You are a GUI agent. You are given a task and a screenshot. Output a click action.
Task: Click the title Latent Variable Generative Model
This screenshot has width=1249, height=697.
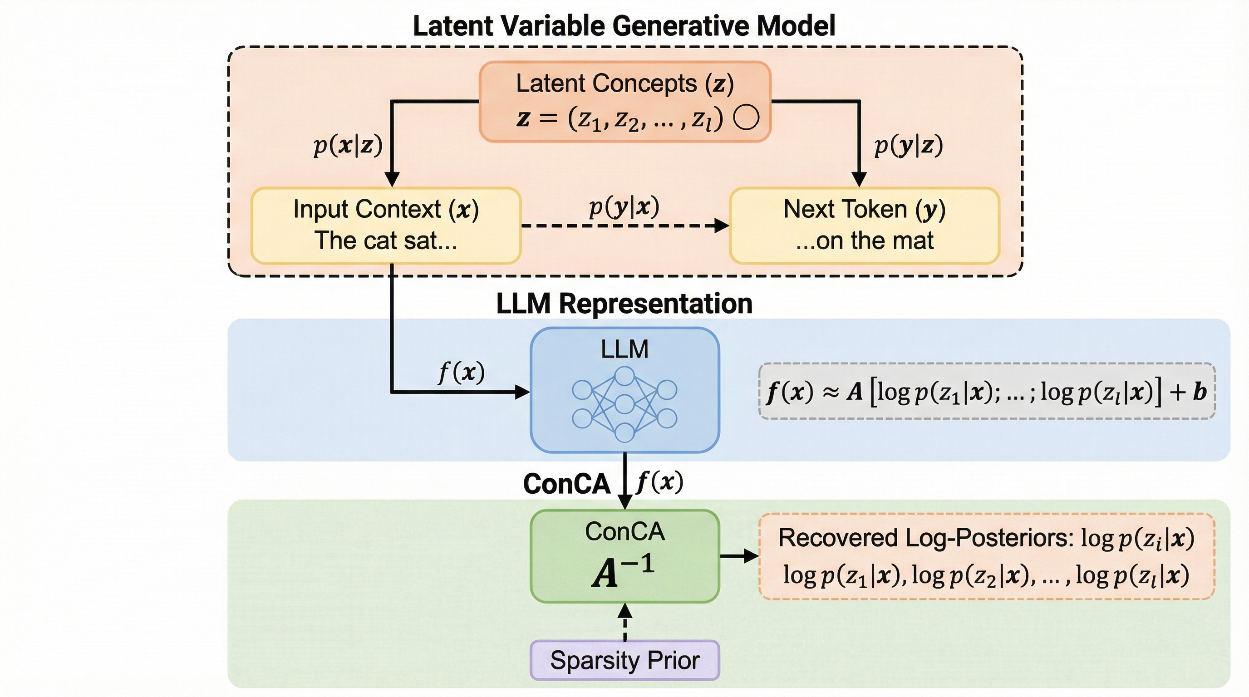(624, 26)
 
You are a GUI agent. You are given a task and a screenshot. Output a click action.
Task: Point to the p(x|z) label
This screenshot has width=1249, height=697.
(348, 145)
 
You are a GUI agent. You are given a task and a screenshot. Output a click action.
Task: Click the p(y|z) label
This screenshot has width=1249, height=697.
(908, 145)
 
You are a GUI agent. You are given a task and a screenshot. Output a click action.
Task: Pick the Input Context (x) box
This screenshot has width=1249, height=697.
(386, 226)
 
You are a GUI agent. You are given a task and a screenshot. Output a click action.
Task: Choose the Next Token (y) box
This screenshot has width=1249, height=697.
(864, 226)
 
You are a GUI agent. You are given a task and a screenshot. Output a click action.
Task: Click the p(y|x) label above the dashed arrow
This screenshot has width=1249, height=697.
(624, 207)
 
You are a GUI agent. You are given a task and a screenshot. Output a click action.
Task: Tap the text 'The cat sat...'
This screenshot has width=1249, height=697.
(386, 241)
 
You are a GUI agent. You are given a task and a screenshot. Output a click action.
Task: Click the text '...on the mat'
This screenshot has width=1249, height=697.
(864, 241)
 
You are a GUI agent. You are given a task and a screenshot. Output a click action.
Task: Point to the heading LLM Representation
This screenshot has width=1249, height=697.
(624, 304)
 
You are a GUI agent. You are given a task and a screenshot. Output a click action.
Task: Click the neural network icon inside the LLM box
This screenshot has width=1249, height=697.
(624, 404)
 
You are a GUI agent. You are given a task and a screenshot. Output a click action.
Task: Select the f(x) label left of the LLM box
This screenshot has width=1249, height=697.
(461, 372)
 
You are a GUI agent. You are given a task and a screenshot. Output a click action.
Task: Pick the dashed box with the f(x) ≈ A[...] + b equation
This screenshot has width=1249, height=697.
(986, 391)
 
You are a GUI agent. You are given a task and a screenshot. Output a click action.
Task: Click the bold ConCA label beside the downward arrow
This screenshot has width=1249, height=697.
(566, 484)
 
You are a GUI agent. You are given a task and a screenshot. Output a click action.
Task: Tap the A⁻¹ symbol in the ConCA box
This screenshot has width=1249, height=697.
(624, 572)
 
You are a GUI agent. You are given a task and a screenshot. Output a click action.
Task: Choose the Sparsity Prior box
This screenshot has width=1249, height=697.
(624, 660)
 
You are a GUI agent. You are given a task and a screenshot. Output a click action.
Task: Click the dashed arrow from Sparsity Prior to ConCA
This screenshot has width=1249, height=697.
(624, 623)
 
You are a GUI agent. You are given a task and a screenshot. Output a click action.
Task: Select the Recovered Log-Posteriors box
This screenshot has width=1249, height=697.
(986, 556)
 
